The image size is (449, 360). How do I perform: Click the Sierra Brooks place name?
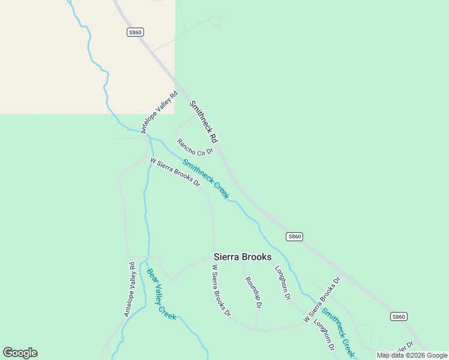coord(243,257)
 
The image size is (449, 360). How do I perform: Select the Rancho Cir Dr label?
coord(195,146)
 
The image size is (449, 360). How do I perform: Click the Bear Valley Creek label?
coord(161,294)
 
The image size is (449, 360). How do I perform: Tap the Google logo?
coord(20,353)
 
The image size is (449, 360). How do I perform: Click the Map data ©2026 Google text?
coord(412,355)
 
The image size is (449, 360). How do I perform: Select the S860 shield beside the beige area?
coord(135,32)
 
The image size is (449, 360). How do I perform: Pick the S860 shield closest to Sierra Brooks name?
coord(294,236)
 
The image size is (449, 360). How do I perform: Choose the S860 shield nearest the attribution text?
coord(399,316)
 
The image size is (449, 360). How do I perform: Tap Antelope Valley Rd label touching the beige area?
coord(159,111)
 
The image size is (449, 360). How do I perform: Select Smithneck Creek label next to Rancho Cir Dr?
coord(206,179)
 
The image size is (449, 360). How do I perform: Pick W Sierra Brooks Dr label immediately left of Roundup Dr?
coord(220,290)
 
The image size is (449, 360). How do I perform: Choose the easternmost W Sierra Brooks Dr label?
coord(322,299)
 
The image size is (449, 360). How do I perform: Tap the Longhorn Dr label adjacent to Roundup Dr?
coord(283,283)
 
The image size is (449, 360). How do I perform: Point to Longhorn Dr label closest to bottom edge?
coord(324,335)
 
